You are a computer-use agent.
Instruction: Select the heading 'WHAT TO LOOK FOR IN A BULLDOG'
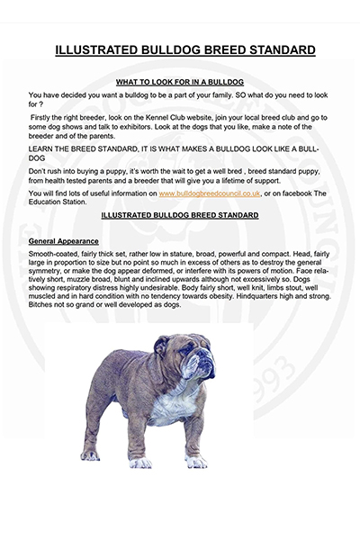pos(180,81)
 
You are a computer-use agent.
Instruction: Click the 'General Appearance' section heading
pos(64,241)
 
